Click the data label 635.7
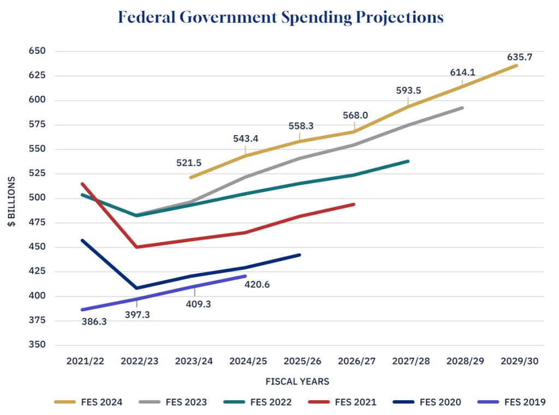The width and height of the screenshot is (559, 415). (x=520, y=57)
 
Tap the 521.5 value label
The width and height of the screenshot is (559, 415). (x=188, y=163)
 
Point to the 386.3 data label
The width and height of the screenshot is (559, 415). (x=94, y=321)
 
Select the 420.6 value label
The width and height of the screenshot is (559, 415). (x=257, y=284)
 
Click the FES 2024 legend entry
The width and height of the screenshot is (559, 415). (x=88, y=402)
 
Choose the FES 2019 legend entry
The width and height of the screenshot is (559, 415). (x=511, y=402)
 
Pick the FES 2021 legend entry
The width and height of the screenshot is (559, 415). (x=342, y=402)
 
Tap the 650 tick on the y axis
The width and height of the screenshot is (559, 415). (x=37, y=51)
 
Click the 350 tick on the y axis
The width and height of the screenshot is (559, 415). (x=37, y=345)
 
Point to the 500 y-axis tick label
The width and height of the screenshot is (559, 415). (x=37, y=198)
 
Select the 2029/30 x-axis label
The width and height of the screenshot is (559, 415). (x=520, y=361)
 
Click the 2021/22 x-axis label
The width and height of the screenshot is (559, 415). (x=85, y=361)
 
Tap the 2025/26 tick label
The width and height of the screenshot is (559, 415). (x=302, y=361)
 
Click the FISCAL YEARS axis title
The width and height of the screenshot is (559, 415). (x=298, y=382)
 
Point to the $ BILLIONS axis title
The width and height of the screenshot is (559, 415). (x=11, y=202)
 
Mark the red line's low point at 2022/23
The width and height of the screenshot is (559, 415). (x=137, y=247)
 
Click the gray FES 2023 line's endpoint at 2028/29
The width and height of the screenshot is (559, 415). (x=462, y=107)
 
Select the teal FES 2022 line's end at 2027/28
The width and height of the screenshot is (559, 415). (x=408, y=161)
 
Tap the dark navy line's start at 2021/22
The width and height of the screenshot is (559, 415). (x=82, y=240)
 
